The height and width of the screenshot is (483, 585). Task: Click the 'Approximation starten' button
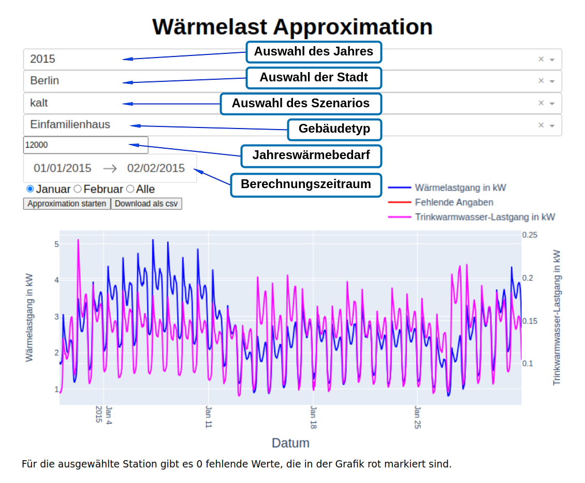(x=67, y=204)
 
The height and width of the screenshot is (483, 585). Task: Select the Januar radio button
(x=30, y=189)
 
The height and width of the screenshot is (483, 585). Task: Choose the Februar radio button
(x=78, y=189)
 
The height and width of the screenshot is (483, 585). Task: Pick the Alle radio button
(x=130, y=189)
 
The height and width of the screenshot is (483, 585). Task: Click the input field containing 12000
(x=85, y=145)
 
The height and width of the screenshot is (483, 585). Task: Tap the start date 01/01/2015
(x=63, y=168)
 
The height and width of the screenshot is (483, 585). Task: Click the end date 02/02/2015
(x=156, y=168)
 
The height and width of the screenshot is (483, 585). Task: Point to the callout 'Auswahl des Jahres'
(x=313, y=52)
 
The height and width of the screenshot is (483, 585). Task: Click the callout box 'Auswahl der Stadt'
(x=313, y=78)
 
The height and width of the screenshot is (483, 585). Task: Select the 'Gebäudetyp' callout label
(x=334, y=129)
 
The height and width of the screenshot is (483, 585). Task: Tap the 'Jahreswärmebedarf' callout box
(x=311, y=155)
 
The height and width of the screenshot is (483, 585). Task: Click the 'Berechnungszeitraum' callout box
(x=306, y=184)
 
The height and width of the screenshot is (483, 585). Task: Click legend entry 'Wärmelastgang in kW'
(x=460, y=188)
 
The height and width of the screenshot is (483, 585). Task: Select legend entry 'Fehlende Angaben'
(x=454, y=202)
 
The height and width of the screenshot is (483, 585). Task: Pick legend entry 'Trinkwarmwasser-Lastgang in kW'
(x=485, y=217)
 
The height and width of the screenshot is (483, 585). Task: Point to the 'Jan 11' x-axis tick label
(x=209, y=417)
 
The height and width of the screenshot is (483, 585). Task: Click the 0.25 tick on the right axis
(x=530, y=235)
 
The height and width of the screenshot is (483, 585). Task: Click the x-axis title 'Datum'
(x=290, y=443)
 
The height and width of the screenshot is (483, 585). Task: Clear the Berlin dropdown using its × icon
(x=541, y=81)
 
